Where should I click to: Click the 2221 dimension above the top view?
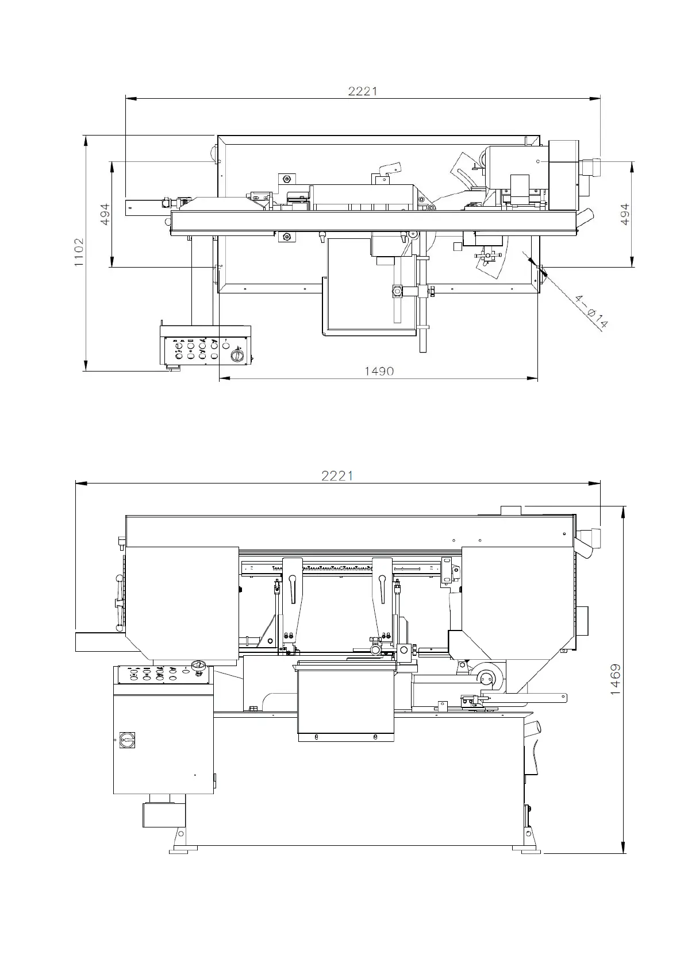(363, 91)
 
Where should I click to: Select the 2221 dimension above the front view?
(337, 475)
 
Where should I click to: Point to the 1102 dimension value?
(79, 252)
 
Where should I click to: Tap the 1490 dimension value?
(379, 372)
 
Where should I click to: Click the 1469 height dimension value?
(615, 679)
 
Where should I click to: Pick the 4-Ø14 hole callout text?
(591, 311)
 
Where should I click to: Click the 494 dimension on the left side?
(105, 215)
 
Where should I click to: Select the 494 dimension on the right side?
(625, 214)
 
